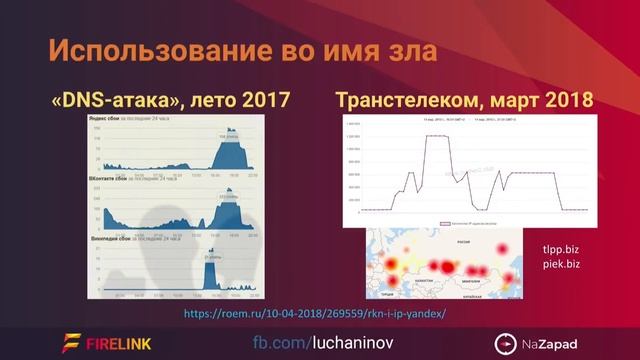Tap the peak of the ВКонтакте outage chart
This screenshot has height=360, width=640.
(229, 199)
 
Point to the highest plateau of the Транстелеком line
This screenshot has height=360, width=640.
(437, 137)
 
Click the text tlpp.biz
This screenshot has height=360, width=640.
(560, 249)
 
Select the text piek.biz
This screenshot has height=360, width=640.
(560, 265)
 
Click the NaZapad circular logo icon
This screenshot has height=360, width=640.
(507, 342)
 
